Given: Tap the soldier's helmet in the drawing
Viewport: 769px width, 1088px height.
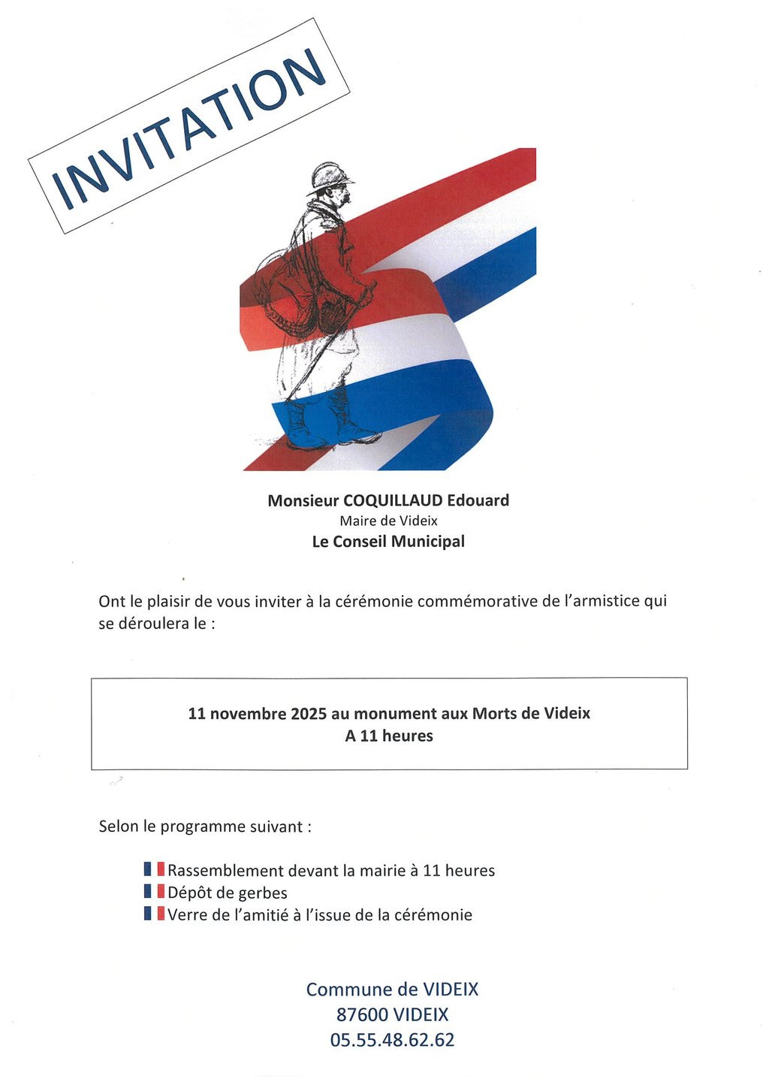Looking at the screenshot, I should pos(330,177).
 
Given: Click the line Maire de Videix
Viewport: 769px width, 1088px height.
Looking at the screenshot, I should pos(388,521).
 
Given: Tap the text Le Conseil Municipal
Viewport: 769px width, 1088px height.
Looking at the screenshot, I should pos(388,542).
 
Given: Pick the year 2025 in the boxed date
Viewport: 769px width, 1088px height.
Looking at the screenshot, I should pos(309,713).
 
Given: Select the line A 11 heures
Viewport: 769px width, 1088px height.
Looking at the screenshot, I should pos(389,736).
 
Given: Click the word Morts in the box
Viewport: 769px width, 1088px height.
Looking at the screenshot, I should pos(496,713).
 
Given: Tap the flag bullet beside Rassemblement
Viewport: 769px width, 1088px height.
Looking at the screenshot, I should pos(154,870).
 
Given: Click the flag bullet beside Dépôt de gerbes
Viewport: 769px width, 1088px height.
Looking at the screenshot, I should pos(154,892).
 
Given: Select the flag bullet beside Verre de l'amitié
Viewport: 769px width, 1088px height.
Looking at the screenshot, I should pos(154,914).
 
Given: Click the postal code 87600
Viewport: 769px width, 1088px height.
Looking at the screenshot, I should pos(362,1015).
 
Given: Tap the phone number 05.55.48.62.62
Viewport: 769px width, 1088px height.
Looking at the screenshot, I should pos(392,1041).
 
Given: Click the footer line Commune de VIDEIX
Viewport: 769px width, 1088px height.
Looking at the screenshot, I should pos(392,990).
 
